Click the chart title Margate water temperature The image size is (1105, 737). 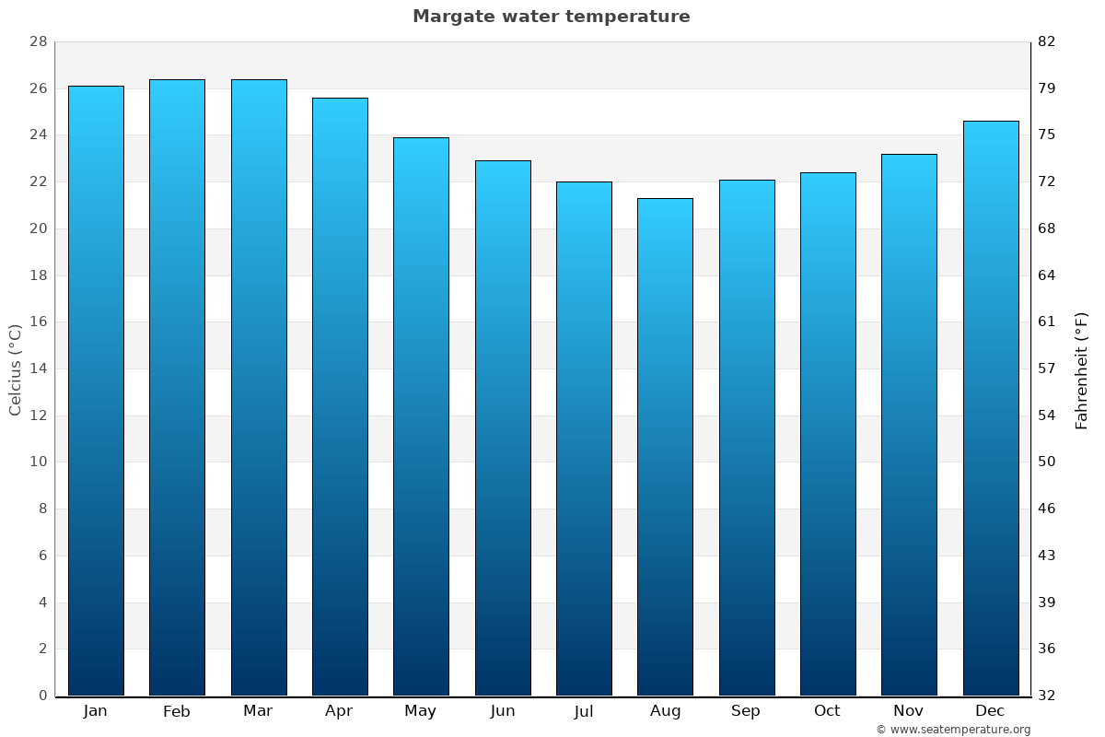click(x=551, y=17)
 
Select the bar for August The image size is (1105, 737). click(x=665, y=447)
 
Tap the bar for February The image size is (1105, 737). click(x=177, y=387)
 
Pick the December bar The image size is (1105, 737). click(x=991, y=408)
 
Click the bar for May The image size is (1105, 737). click(x=421, y=416)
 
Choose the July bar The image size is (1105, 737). click(x=584, y=439)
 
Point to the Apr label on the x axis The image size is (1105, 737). click(x=339, y=711)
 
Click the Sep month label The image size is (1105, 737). click(x=746, y=711)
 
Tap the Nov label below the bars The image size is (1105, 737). click(x=909, y=711)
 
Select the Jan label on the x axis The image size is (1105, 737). click(x=95, y=711)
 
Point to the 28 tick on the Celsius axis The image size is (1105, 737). click(x=38, y=42)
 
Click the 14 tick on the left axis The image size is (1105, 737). click(x=38, y=368)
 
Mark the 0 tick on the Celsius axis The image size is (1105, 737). click(x=42, y=696)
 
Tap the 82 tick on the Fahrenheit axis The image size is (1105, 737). click(x=1047, y=42)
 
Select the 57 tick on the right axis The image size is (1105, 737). click(x=1047, y=368)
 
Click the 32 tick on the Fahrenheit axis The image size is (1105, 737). click(x=1047, y=696)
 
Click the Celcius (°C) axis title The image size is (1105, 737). click(x=16, y=368)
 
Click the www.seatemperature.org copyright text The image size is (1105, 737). click(x=953, y=730)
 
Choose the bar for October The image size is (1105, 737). click(x=828, y=433)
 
